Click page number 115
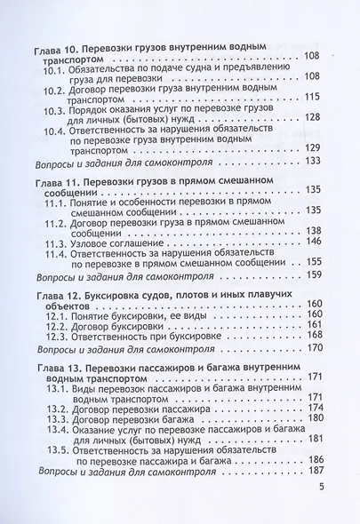tap(311, 96)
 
